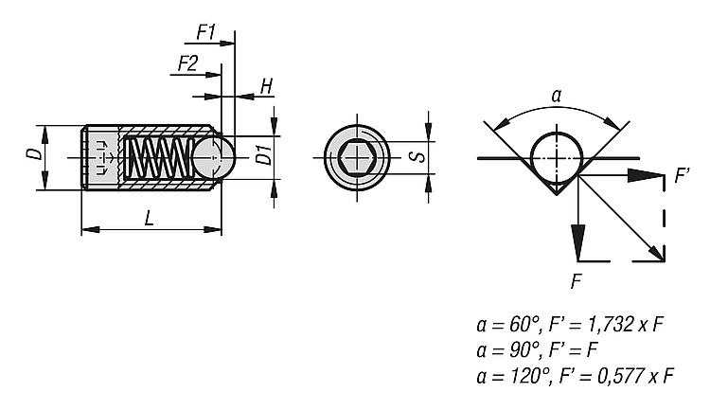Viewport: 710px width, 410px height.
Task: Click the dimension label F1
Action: [206, 31]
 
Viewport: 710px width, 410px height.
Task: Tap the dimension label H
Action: [266, 86]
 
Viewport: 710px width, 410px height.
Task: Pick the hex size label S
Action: [414, 154]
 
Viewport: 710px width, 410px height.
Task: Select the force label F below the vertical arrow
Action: [577, 280]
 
